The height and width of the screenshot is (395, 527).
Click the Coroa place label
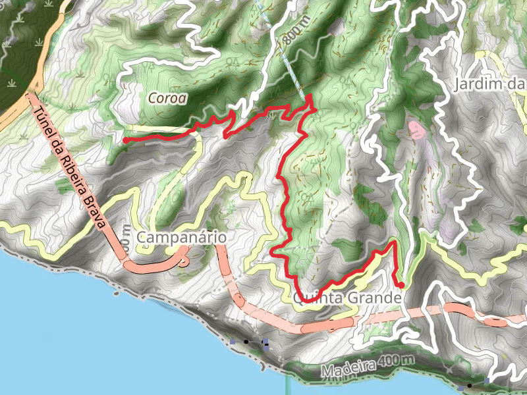pyautogui.click(x=167, y=98)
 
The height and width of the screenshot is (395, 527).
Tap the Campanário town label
pyautogui.click(x=182, y=237)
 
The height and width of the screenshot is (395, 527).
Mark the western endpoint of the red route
pyautogui.click(x=125, y=140)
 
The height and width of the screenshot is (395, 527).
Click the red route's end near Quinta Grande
pyautogui.click(x=401, y=284)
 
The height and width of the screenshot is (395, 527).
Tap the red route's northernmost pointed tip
pyautogui.click(x=310, y=96)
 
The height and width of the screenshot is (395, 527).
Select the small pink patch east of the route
pyautogui.click(x=418, y=128)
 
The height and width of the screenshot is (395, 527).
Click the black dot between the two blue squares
pyautogui.click(x=246, y=342)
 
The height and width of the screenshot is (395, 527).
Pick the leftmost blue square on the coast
pyautogui.click(x=233, y=342)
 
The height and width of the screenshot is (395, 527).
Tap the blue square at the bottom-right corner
pyautogui.click(x=487, y=381)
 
